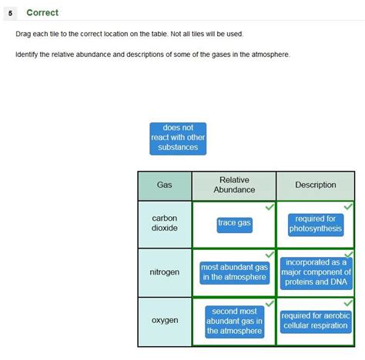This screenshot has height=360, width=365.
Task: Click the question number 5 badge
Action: point(10,13)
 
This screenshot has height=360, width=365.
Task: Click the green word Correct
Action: point(42,12)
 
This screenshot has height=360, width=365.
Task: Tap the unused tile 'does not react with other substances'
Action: point(178,138)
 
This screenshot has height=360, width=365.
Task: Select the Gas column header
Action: point(165,185)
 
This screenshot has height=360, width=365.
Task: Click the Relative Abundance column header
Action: point(234,185)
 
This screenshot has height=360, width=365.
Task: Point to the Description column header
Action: point(316,185)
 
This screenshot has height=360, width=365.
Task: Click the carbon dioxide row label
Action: point(165,223)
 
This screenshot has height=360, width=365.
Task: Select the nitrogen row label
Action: point(165,272)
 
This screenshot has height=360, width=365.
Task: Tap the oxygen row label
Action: point(165,320)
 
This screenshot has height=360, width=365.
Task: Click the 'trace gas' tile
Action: point(234,225)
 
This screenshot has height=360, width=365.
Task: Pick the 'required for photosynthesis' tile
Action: point(316,225)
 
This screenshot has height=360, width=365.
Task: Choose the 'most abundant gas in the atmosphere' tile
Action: point(235,273)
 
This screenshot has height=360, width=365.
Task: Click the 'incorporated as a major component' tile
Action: point(316,273)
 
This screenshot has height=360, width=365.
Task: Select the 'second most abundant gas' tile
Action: point(235,322)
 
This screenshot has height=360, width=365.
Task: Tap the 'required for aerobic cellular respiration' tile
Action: point(316,322)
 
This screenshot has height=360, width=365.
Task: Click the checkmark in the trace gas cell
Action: point(270,207)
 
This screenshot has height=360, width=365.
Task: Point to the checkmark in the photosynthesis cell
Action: point(348,206)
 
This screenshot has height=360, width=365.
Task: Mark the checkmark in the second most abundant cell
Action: point(270,304)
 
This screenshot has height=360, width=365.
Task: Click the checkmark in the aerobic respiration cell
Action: point(348,303)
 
